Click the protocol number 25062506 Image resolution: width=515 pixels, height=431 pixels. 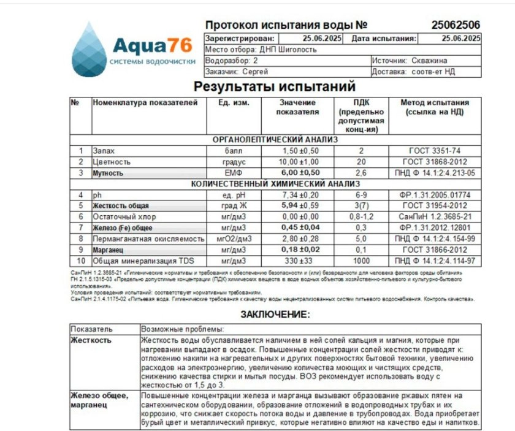[x=455, y=25]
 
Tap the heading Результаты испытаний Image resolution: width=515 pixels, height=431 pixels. [x=275, y=86]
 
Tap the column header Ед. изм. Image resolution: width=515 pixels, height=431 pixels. [x=234, y=103]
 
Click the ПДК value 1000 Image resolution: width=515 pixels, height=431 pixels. [x=361, y=261]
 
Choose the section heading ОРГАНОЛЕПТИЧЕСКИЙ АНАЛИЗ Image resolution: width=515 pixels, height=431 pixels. [x=275, y=140]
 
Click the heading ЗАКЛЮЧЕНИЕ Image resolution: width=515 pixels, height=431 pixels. [x=275, y=315]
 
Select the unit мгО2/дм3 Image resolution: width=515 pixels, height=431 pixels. [x=234, y=239]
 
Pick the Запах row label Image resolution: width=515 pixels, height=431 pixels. [x=104, y=151]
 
